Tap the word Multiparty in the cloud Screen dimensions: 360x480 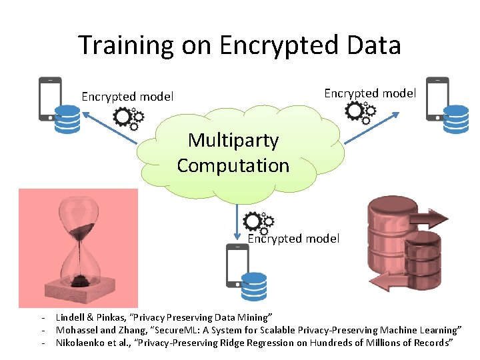click(x=233, y=140)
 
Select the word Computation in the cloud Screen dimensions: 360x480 click(x=233, y=165)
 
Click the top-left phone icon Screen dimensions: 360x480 click(x=50, y=98)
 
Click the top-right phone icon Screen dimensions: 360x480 click(x=437, y=98)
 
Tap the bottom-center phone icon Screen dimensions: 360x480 click(x=237, y=265)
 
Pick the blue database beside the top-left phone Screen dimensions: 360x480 click(x=67, y=119)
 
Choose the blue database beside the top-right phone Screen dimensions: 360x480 click(x=456, y=119)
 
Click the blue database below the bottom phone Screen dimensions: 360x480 click(x=254, y=287)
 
